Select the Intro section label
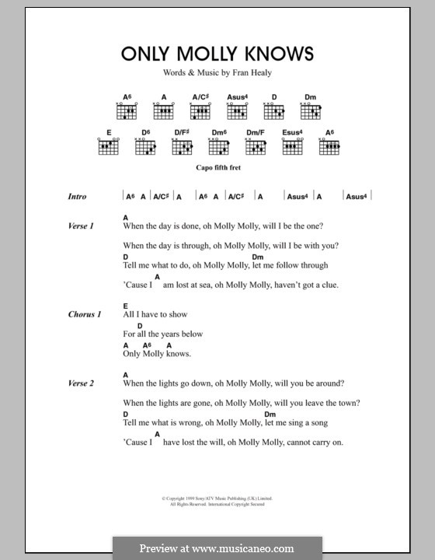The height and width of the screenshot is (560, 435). (77, 197)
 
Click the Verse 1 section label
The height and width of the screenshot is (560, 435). (81, 226)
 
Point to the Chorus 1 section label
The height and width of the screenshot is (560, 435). (84, 314)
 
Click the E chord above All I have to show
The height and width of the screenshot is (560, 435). (125, 306)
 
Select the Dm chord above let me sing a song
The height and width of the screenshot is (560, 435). (258, 414)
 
